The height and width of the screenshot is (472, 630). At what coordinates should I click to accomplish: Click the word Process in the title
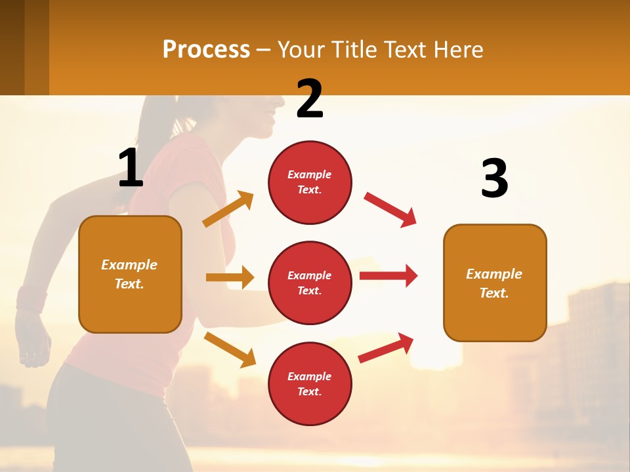206,50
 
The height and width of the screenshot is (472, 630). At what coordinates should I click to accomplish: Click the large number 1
131,168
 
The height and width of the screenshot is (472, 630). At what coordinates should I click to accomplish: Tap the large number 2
310,99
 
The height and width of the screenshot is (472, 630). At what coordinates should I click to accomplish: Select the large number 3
494,178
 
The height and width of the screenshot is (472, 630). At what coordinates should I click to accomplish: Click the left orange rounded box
130,274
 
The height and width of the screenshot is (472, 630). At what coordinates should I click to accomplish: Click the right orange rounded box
495,283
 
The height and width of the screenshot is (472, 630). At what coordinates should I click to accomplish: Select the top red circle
310,182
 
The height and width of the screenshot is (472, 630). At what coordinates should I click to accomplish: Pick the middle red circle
310,283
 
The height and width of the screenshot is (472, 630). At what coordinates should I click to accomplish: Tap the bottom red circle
310,383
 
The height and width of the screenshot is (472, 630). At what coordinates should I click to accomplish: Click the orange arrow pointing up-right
228,209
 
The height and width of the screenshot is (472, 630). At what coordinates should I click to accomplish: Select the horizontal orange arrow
230,277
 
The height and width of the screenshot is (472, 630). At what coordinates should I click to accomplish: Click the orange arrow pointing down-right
230,349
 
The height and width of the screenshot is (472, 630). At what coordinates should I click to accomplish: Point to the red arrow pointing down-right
390,209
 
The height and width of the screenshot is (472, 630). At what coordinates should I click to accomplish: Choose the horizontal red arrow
388,275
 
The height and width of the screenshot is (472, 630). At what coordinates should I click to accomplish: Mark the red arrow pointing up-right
386,348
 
